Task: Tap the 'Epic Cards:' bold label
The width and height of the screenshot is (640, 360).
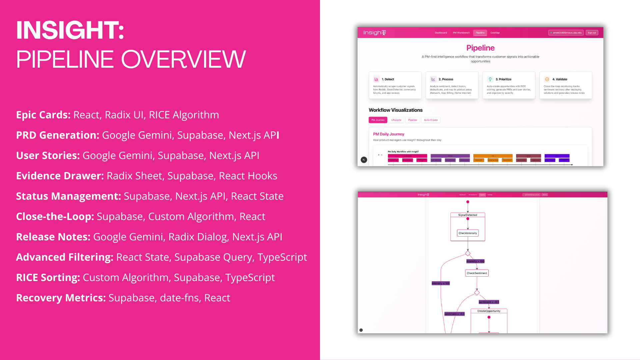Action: click(x=43, y=115)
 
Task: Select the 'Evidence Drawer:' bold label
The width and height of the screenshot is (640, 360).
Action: click(x=60, y=176)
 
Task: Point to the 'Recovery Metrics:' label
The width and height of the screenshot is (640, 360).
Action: click(x=61, y=298)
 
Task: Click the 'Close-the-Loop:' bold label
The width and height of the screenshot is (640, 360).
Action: click(x=55, y=216)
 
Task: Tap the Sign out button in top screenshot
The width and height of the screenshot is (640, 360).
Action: click(x=592, y=33)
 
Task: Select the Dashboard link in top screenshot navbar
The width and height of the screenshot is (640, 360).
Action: click(x=441, y=33)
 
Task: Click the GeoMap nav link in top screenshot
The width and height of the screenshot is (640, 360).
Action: click(x=495, y=33)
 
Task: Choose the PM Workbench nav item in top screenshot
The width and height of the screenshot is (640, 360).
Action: click(x=461, y=33)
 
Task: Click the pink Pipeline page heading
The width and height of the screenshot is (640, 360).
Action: click(x=480, y=48)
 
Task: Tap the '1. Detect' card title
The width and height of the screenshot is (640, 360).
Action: click(x=388, y=79)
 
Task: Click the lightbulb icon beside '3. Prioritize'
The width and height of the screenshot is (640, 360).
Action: click(x=490, y=79)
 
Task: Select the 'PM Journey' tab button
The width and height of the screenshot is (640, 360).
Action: click(x=378, y=120)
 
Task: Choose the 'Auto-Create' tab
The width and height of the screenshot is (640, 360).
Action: click(x=431, y=120)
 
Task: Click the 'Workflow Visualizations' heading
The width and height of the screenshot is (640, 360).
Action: click(x=395, y=110)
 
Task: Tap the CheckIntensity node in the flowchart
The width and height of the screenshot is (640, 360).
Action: click(x=468, y=233)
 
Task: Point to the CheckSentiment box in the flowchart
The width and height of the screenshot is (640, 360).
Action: click(x=477, y=273)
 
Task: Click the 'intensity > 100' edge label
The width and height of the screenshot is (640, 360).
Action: click(x=475, y=261)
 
